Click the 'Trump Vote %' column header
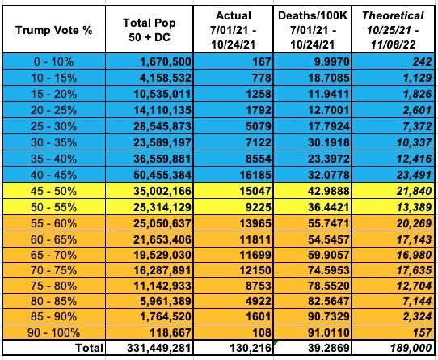[53, 30]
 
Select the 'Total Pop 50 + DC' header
[150, 30]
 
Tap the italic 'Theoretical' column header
[393, 15]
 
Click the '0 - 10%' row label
[53, 61]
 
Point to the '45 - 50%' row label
[53, 191]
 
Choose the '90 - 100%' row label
[53, 332]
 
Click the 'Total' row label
[90, 348]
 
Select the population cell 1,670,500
[166, 61]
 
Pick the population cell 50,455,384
[162, 175]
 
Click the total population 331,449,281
[159, 348]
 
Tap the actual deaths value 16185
[255, 175]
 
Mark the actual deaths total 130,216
[251, 348]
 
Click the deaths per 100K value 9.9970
[332, 61]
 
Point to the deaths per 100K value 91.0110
[329, 332]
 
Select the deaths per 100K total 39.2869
[329, 348]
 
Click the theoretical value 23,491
[415, 175]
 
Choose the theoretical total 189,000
[411, 348]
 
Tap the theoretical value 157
[423, 332]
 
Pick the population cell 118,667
[171, 332]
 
